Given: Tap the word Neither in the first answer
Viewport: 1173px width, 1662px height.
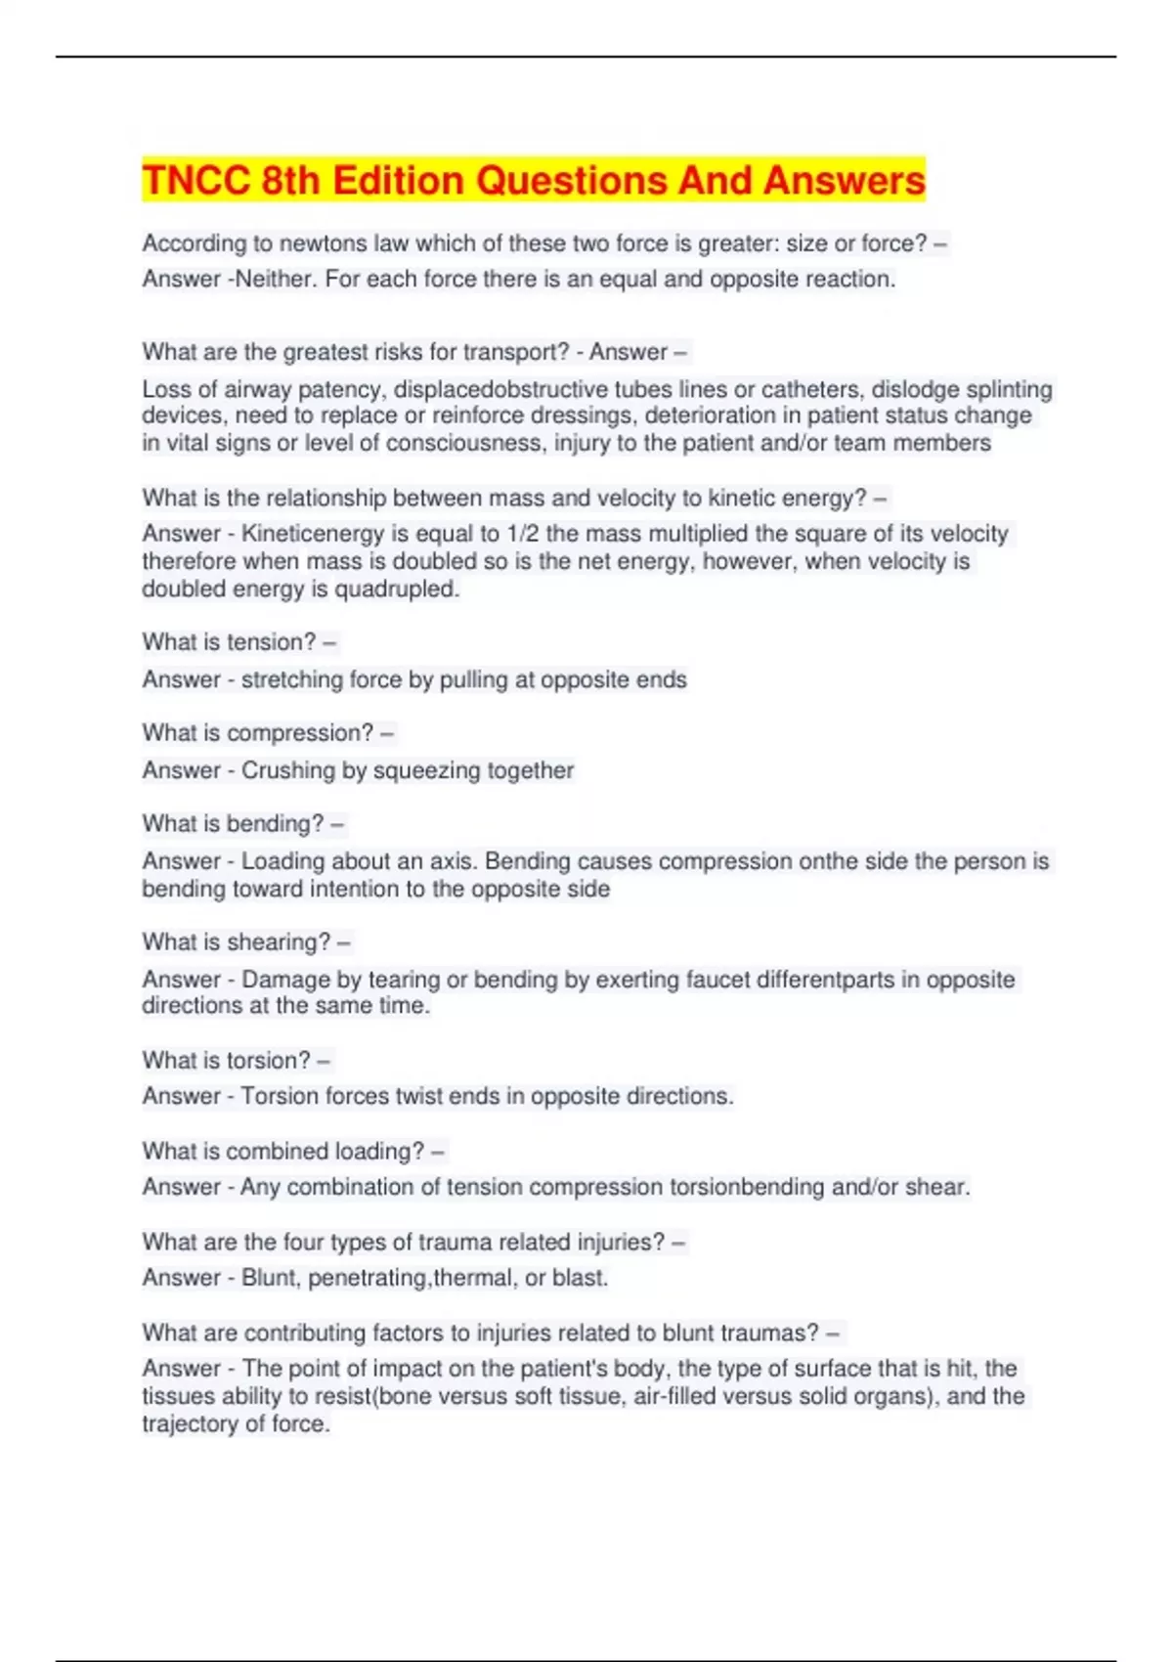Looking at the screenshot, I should (276, 280).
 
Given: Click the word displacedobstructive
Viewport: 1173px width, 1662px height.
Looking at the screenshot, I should (500, 390).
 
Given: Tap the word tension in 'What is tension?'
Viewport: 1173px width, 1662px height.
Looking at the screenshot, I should (271, 642).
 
